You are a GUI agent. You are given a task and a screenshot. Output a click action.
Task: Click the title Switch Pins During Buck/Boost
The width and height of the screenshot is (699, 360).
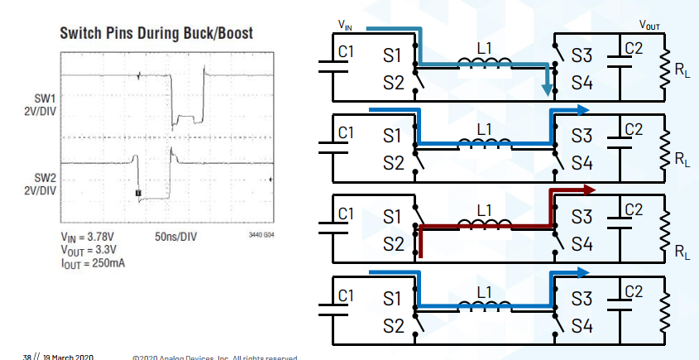pyautogui.click(x=156, y=33)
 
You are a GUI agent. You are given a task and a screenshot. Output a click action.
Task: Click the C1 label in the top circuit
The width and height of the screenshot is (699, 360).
pyautogui.click(x=347, y=51)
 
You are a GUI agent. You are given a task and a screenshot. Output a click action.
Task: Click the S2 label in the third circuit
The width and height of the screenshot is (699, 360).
pyautogui.click(x=394, y=245)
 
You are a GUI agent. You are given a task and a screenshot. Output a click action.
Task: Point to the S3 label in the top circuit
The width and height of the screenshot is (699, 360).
pyautogui.click(x=582, y=56)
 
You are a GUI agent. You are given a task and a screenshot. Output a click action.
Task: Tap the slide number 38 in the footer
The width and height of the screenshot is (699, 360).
pyautogui.click(x=27, y=356)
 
